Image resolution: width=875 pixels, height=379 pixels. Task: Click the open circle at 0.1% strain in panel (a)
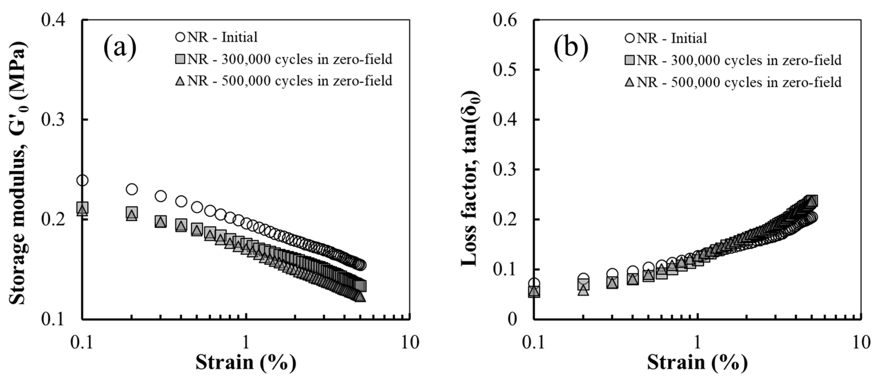coord(82,180)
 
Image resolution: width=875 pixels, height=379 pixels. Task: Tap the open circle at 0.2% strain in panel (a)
coord(131,189)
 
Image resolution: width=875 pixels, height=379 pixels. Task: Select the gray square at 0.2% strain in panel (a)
coord(132,212)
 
